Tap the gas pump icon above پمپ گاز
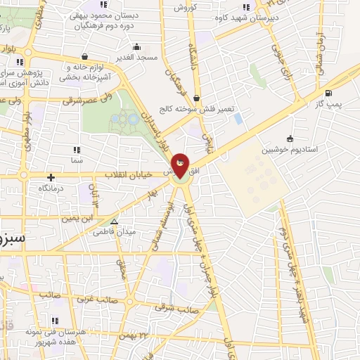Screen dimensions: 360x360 (328, 93)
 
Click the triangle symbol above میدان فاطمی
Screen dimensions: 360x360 (114, 221)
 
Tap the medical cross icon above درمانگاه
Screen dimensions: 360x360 (50, 178)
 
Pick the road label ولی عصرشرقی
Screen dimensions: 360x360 (88, 101)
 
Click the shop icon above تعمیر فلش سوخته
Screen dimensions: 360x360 (195, 98)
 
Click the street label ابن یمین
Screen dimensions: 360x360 (79, 218)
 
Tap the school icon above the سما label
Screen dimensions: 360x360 (77, 150)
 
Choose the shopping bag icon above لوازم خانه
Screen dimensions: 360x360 (85, 57)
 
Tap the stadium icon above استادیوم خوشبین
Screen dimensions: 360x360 (290, 139)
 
